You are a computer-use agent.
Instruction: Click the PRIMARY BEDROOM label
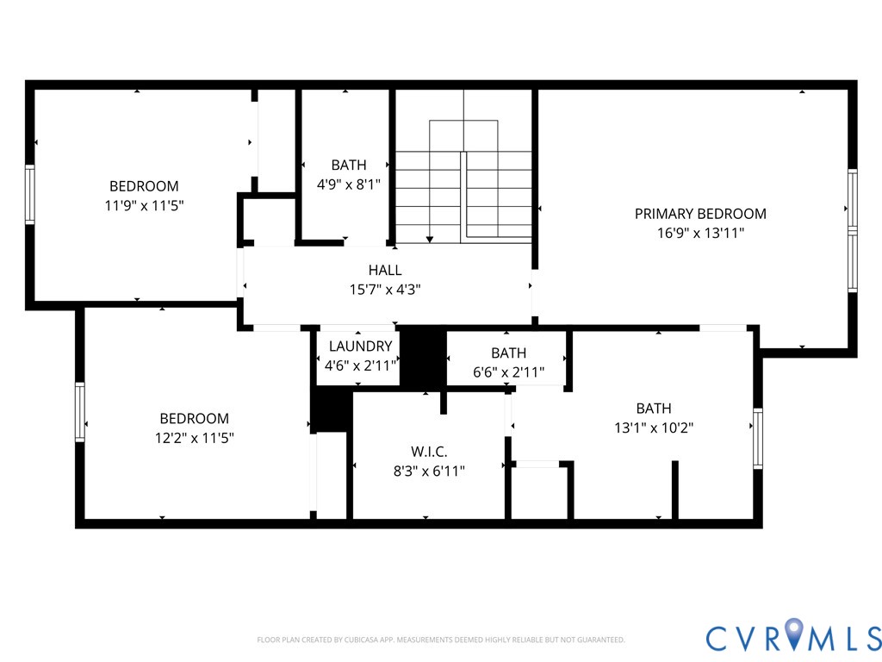click(x=700, y=214)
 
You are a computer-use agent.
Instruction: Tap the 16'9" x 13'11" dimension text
click(x=700, y=233)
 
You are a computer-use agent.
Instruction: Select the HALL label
click(x=385, y=270)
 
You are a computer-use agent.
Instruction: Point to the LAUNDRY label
click(x=361, y=347)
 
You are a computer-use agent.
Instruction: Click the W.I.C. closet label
click(x=429, y=452)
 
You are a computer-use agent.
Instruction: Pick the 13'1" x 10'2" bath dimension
click(x=654, y=428)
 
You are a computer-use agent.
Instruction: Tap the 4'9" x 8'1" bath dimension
click(x=349, y=184)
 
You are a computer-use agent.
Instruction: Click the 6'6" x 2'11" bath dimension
click(x=508, y=372)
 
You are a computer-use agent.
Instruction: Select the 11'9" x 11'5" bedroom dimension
click(x=144, y=205)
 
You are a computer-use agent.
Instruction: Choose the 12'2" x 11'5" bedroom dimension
click(x=194, y=438)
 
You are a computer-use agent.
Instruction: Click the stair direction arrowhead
click(x=430, y=240)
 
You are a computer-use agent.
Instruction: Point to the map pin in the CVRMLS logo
click(x=793, y=633)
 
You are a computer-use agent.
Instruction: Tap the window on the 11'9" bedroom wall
click(x=30, y=194)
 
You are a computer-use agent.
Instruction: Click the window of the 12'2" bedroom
click(x=80, y=412)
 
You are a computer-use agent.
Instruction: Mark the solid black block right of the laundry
click(x=423, y=358)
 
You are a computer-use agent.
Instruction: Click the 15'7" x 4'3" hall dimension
click(x=385, y=290)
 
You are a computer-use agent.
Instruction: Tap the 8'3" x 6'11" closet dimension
click(x=429, y=472)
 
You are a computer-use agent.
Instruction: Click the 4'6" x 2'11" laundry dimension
click(x=361, y=365)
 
